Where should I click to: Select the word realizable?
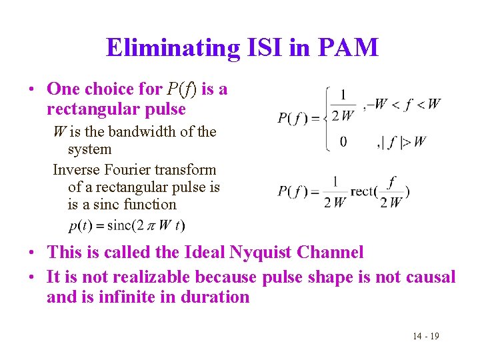(x=131, y=276)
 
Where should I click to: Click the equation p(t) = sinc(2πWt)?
(x=127, y=225)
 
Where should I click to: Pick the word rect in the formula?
(x=364, y=191)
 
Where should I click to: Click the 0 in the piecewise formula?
(x=343, y=141)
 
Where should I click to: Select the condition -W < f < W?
(x=407, y=104)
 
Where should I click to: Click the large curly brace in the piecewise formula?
(x=327, y=119)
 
